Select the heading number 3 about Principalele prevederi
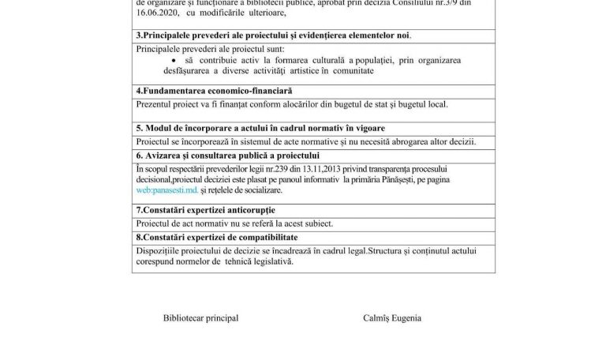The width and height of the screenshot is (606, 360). click(x=274, y=36)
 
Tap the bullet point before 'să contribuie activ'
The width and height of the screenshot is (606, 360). click(x=174, y=59)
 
